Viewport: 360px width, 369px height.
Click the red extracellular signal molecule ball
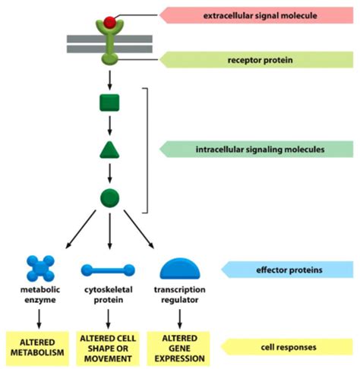(109, 22)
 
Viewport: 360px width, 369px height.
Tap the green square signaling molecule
(109, 102)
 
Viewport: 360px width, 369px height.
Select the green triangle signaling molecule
(109, 150)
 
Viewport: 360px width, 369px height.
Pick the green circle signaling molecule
(109, 198)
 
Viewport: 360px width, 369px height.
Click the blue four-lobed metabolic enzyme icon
(40, 268)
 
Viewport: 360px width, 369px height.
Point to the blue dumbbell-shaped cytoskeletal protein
(108, 270)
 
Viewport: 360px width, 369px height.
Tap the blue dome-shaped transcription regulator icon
(180, 269)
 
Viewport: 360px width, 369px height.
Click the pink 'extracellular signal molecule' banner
(256, 15)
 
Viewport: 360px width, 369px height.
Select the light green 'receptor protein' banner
(256, 60)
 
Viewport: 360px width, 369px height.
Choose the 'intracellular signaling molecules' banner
(256, 150)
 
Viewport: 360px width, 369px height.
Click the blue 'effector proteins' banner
(287, 270)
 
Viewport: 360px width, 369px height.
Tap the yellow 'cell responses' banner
(287, 347)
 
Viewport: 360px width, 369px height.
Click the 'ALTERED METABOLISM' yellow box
(37, 348)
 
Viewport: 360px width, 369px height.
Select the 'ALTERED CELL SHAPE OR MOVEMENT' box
(108, 348)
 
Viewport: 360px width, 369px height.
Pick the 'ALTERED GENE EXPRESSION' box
(178, 348)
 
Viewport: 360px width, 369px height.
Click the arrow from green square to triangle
(109, 126)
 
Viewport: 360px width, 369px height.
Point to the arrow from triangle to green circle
(109, 173)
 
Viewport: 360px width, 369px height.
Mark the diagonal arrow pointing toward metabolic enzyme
(81, 229)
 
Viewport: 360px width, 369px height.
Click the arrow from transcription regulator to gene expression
(180, 319)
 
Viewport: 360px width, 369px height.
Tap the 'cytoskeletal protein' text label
(109, 295)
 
